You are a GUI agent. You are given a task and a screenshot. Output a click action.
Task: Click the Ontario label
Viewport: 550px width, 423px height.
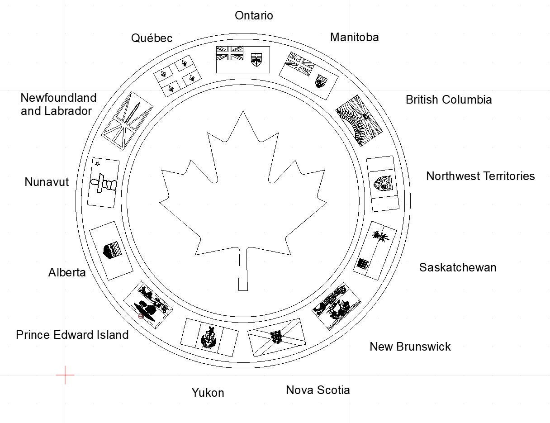coord(254,15)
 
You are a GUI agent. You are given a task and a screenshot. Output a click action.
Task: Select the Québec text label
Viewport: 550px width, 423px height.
coord(152,38)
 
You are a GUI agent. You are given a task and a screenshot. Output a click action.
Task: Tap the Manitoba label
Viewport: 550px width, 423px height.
coord(354,37)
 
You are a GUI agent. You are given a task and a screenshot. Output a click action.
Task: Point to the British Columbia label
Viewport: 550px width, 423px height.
coord(448,100)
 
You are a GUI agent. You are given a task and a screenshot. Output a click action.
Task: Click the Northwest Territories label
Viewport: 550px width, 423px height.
coord(480,176)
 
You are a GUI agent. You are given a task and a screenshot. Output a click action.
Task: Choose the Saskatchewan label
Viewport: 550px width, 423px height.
coord(457,267)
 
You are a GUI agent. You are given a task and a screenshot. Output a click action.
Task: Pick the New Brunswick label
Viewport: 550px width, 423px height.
coord(410,347)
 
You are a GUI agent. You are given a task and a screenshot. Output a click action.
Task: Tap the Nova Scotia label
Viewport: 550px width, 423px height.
coord(318,390)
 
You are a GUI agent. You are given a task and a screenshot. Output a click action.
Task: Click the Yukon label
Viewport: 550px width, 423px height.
coord(208,393)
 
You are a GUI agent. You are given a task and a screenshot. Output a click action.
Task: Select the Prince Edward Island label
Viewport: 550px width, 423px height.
coord(72,335)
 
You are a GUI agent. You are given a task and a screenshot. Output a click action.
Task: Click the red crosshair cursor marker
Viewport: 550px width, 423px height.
coord(65,375)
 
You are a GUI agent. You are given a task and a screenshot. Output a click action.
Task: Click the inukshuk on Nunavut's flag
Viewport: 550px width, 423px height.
coord(104,182)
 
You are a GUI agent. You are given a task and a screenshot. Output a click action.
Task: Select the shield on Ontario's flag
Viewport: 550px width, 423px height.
coord(256,59)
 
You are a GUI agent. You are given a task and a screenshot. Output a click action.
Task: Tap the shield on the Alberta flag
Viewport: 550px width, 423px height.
coord(112,250)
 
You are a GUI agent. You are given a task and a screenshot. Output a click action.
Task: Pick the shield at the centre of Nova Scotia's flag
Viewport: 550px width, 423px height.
coord(276,336)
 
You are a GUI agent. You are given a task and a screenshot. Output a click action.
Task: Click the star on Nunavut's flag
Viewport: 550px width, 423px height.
coord(97,164)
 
